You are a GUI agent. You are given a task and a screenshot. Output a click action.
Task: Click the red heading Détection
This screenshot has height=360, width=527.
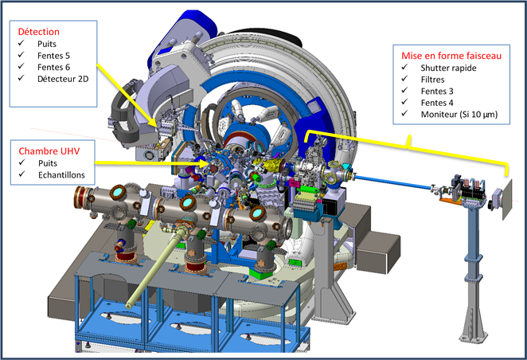(x=39, y=32)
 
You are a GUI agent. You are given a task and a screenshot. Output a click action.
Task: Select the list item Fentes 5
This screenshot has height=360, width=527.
(x=53, y=56)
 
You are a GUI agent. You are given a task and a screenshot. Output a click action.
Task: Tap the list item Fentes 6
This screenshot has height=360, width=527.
(x=53, y=67)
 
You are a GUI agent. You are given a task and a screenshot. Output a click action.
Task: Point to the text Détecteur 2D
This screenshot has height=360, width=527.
(x=63, y=79)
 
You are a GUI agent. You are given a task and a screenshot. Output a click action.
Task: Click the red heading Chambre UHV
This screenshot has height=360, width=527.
(x=49, y=151)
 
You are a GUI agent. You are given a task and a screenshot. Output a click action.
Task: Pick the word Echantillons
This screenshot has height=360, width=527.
(x=61, y=174)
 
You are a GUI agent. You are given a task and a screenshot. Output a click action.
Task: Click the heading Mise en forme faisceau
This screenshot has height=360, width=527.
(x=451, y=56)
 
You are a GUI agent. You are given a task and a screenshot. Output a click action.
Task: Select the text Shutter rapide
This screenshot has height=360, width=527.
(x=448, y=68)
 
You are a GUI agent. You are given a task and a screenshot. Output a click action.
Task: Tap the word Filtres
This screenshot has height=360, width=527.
(x=432, y=80)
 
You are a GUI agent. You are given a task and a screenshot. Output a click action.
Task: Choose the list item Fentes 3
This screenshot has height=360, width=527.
(x=437, y=91)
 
